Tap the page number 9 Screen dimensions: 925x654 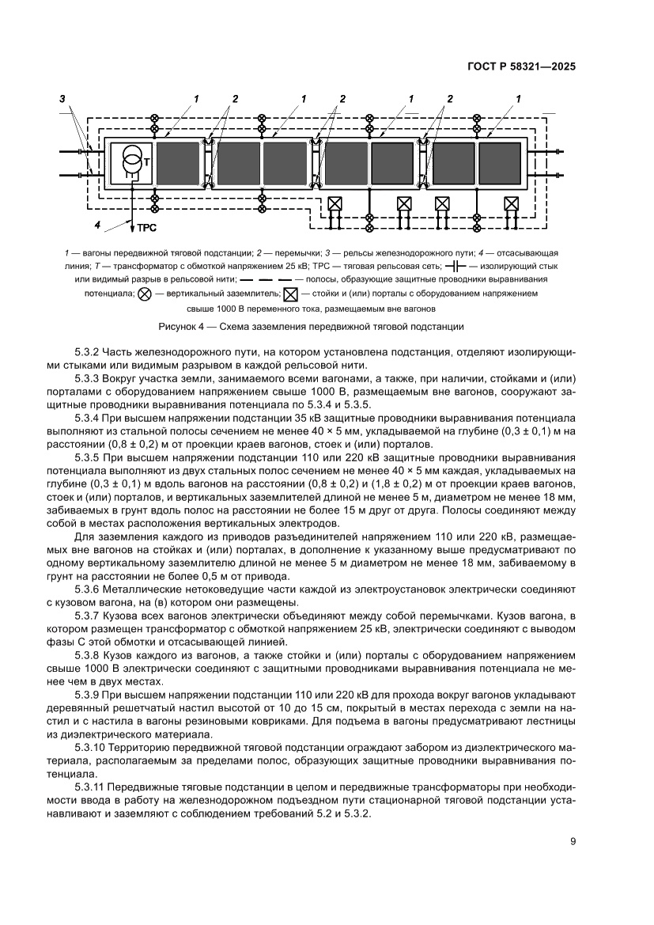573,842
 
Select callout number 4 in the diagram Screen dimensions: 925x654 96,225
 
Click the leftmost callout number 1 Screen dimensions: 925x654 194,99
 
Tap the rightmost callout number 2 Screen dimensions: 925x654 450,99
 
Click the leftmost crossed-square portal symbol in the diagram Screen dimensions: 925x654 335,203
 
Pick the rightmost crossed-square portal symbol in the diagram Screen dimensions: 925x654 511,203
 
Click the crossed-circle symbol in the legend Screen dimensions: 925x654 145,294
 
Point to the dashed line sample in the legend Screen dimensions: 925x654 265,280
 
